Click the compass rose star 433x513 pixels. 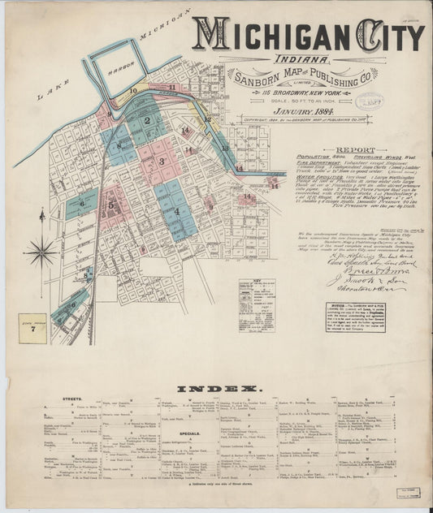pos(41,251)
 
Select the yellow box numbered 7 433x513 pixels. pos(33,329)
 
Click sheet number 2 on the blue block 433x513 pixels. pos(147,121)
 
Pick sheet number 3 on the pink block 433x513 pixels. pos(162,162)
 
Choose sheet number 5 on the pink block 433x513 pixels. pos(111,205)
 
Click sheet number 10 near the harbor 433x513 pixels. pos(133,91)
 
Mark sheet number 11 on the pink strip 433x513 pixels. pos(172,87)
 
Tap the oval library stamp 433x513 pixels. pos(370,100)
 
